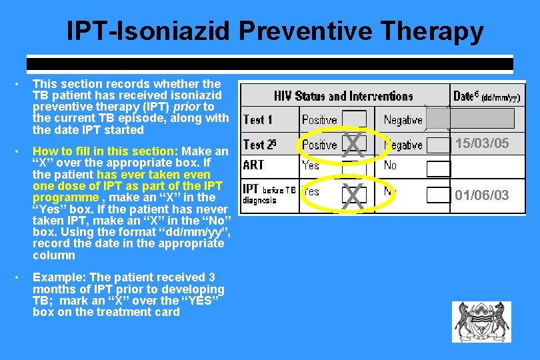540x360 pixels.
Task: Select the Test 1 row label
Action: (258, 120)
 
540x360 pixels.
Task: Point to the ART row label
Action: (253, 165)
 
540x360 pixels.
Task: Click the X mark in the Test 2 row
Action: (353, 145)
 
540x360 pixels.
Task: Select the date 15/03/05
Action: (481, 143)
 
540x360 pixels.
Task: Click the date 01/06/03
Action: (481, 195)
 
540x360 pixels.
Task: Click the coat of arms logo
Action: (482, 322)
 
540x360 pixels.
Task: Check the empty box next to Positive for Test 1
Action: (353, 120)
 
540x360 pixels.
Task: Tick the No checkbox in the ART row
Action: (438, 168)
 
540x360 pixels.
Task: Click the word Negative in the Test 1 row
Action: (403, 120)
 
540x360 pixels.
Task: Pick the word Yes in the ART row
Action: (311, 165)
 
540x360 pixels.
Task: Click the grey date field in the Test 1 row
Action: (470, 119)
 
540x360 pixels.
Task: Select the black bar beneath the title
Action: (269, 65)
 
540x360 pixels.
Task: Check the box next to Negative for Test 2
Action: (438, 145)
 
